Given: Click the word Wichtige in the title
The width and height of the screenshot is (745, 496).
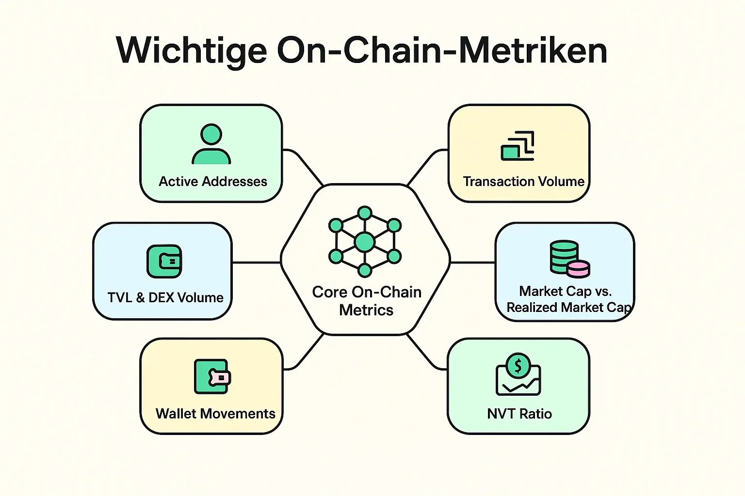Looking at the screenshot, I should [x=192, y=51].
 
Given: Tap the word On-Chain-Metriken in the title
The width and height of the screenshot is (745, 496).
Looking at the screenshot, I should [x=442, y=50].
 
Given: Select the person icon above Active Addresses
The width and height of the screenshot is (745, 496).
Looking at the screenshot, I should [x=211, y=144].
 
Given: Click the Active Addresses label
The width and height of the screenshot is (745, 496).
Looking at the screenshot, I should [x=213, y=182].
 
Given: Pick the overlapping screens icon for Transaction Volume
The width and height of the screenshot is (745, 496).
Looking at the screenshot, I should [x=518, y=146].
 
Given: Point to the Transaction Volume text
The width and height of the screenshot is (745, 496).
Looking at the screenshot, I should [x=523, y=182].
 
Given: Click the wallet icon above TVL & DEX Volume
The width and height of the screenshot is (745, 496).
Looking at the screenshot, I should [x=164, y=262].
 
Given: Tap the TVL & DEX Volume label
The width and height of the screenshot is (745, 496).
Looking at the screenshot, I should [x=165, y=297].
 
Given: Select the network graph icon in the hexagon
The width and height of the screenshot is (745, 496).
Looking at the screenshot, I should [x=365, y=241].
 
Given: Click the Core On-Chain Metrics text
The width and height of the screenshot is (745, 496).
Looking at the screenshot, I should [x=366, y=301].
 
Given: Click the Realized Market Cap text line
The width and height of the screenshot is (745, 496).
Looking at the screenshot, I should [x=568, y=308].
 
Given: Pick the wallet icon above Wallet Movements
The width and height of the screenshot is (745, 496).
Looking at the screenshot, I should [x=212, y=377].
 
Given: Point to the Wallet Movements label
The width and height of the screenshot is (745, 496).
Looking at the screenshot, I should [x=215, y=414].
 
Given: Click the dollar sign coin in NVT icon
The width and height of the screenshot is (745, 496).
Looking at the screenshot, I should [x=518, y=366].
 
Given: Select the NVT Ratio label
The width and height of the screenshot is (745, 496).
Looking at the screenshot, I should [x=519, y=414].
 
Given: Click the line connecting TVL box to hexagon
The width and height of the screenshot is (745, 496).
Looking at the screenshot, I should [x=256, y=263].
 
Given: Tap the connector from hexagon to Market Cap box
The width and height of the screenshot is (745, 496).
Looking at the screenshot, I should [x=472, y=263].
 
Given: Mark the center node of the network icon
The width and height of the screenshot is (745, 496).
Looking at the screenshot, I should [x=365, y=242].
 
